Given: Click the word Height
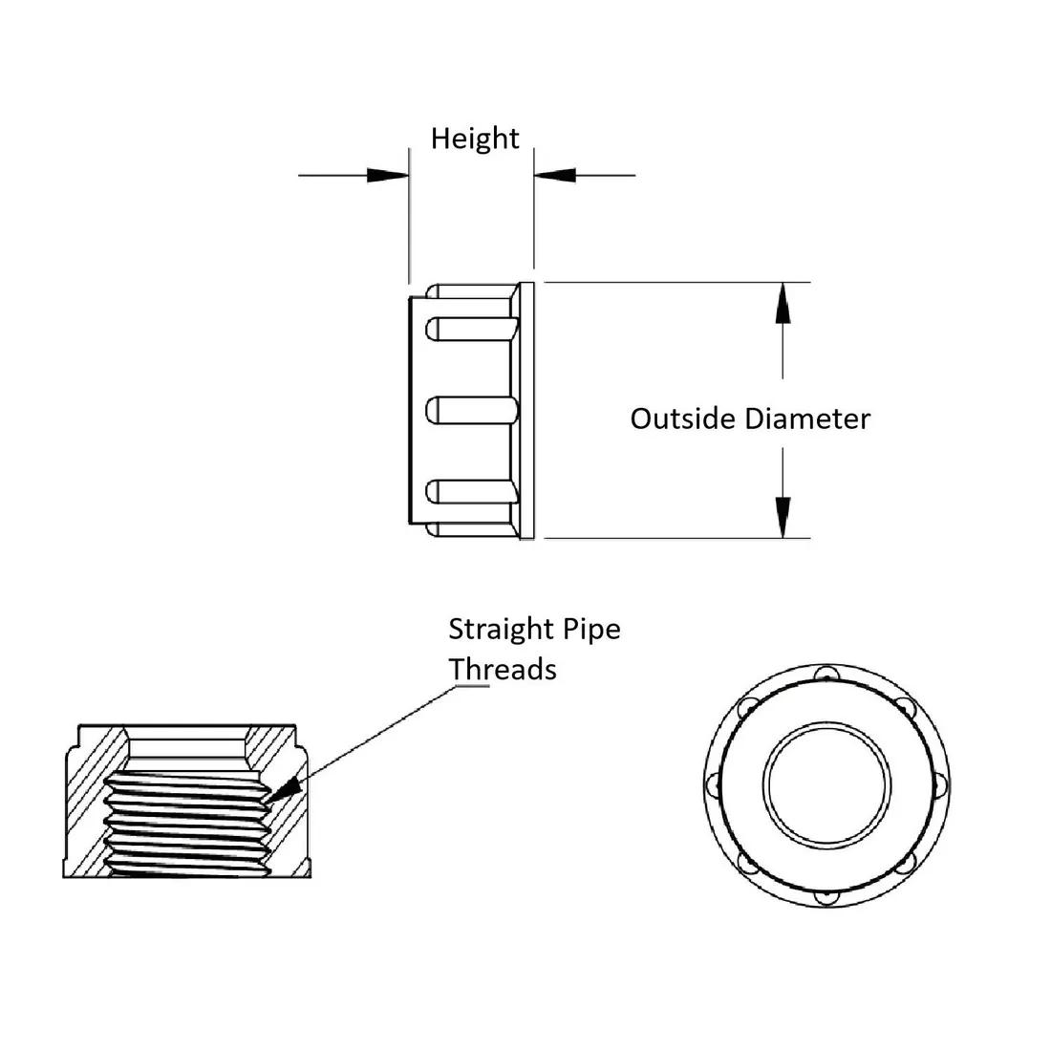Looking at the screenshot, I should point(474,139).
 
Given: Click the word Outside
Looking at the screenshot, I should point(683,418).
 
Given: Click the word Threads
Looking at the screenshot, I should point(503,669).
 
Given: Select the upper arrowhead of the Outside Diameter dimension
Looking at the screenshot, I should point(783,304).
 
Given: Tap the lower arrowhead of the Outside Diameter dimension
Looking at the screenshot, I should point(783,517).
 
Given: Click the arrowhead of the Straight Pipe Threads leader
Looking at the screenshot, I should point(286,787).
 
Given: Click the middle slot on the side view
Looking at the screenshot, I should point(471,411).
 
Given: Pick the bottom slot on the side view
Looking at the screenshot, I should point(471,492).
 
